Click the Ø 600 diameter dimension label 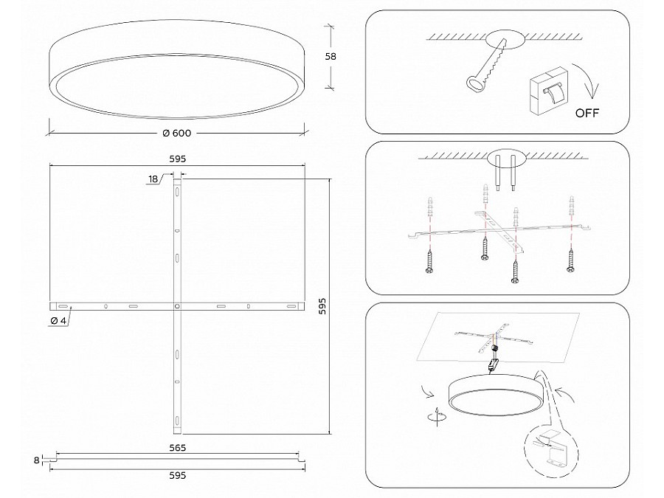[177, 133]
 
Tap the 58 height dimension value [331, 56]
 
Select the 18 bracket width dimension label [153, 179]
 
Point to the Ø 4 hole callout [58, 321]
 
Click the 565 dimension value [177, 448]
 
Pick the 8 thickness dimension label [36, 460]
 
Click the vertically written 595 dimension [322, 306]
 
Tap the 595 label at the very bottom [177, 476]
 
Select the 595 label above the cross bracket [177, 159]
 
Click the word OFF [587, 113]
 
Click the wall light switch [548, 90]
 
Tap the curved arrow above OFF [587, 79]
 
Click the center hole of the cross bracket [177, 305]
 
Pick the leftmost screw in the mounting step [430, 262]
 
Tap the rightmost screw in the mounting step [570, 260]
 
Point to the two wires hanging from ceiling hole [506, 173]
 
